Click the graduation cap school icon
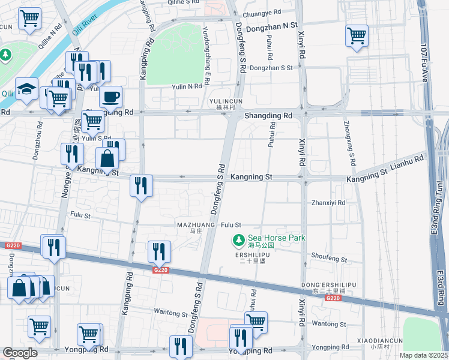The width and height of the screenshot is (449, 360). [x=26, y=89]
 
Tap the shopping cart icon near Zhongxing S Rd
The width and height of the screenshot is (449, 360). [x=357, y=35]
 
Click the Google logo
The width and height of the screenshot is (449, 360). [x=20, y=353]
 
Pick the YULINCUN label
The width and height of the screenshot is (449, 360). [x=226, y=101]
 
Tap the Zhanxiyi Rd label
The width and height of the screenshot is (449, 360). [x=328, y=203]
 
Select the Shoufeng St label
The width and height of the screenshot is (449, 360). [x=329, y=259]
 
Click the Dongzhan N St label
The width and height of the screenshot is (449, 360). [x=274, y=25]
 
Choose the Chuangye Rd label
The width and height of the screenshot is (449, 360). [x=262, y=11]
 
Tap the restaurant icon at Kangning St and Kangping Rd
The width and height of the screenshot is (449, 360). [x=142, y=185]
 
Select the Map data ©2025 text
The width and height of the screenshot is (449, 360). [x=423, y=355]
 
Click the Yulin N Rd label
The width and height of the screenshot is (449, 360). [x=186, y=86]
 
